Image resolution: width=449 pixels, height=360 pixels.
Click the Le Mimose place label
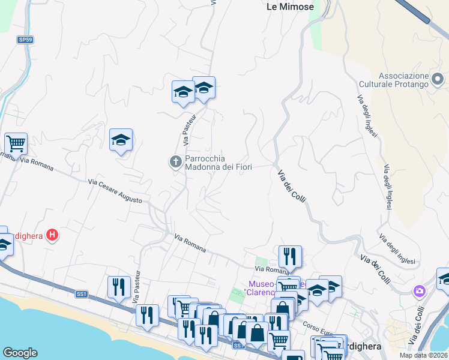290,7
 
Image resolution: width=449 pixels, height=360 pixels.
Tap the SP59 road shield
25,40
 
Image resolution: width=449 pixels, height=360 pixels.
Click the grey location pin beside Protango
439,79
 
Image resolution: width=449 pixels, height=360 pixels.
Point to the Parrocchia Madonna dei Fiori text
218,163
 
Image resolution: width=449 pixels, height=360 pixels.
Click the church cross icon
176,161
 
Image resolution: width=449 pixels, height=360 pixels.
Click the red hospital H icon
53,235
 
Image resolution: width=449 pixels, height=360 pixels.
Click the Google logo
20,353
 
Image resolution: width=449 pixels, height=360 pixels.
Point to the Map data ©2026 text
423,355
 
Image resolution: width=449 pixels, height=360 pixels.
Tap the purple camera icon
419,291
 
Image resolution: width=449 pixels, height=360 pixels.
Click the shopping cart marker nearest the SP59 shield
16,144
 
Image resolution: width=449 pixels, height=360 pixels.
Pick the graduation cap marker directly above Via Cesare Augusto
121,140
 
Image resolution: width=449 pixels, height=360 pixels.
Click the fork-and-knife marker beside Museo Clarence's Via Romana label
290,256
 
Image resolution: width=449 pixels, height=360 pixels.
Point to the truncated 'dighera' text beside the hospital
29,236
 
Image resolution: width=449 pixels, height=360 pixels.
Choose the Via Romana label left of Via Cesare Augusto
32,160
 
